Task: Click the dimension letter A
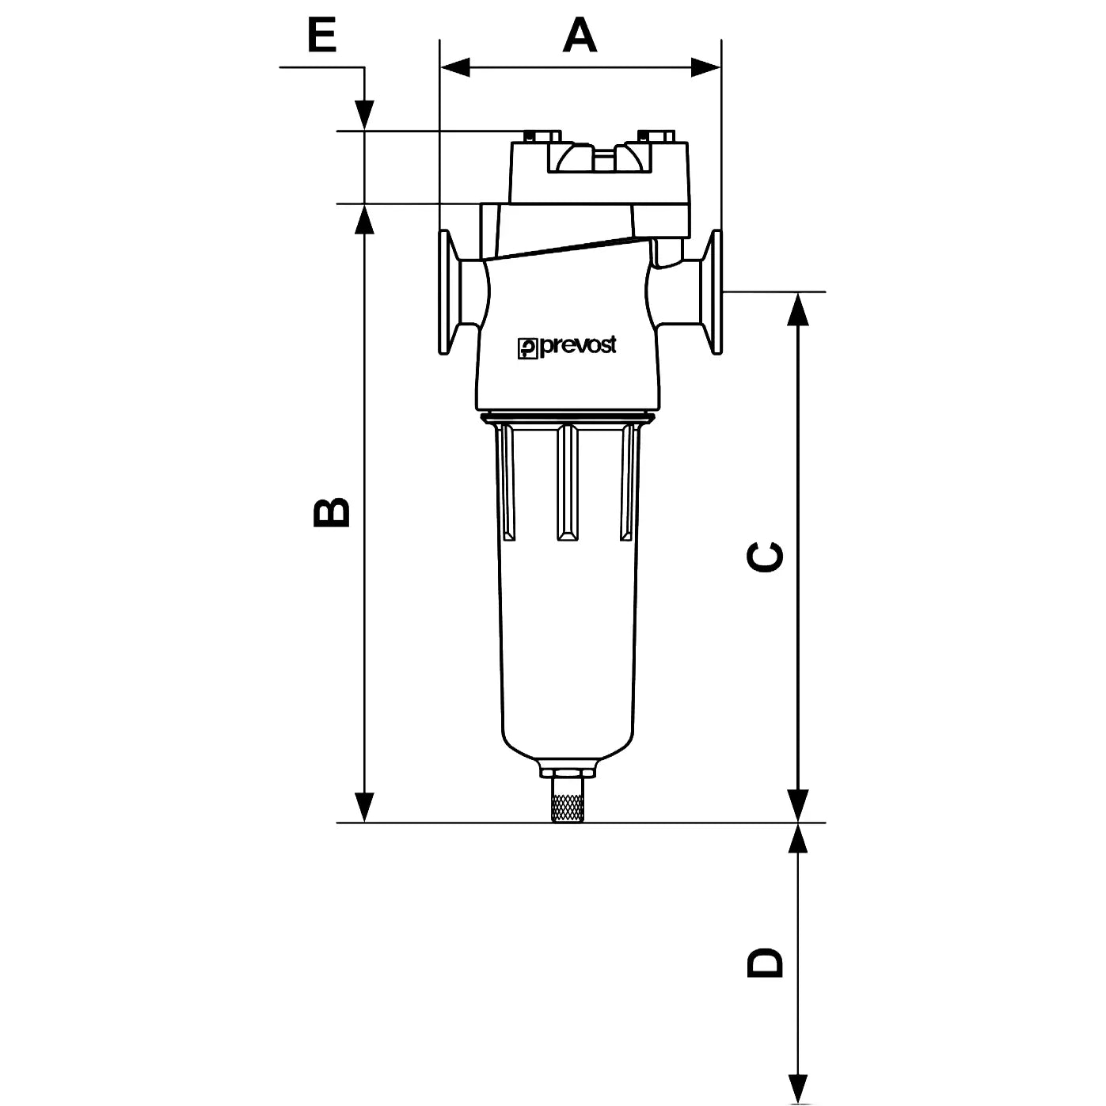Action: tap(580, 36)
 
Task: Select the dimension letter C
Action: tap(766, 557)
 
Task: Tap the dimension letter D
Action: tap(766, 962)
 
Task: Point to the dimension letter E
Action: tap(322, 36)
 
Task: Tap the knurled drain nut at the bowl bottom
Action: tap(568, 804)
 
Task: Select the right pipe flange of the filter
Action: tap(713, 291)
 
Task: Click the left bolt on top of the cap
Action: tap(542, 136)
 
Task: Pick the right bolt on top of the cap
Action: tap(656, 136)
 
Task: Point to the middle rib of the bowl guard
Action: tap(567, 483)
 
